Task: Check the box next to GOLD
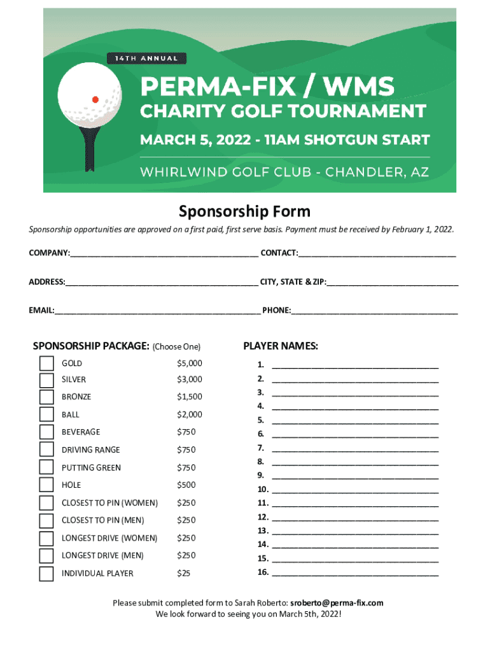(x=46, y=364)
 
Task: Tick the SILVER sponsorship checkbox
(x=46, y=380)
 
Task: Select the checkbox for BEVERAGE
(x=46, y=432)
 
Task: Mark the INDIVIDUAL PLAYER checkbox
(x=46, y=574)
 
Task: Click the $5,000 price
(x=190, y=364)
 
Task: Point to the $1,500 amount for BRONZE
(x=190, y=397)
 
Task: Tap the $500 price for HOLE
(x=186, y=485)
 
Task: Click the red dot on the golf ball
(x=95, y=99)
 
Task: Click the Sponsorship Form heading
(x=244, y=211)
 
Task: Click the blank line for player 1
(x=355, y=365)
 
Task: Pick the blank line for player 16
(x=355, y=573)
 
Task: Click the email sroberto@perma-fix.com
(x=337, y=602)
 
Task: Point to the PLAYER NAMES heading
(x=281, y=346)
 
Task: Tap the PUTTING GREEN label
(x=91, y=468)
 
